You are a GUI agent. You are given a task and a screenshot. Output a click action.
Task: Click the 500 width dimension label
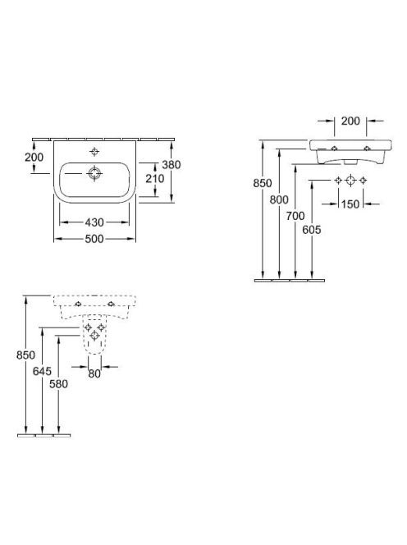[x=94, y=239]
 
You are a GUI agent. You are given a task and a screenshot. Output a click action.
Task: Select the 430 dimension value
[x=94, y=222]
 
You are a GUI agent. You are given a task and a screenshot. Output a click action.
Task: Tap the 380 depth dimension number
[x=171, y=164]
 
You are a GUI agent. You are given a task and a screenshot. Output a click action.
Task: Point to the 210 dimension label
[x=154, y=179]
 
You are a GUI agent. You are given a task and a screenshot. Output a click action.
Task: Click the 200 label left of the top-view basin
[x=34, y=157]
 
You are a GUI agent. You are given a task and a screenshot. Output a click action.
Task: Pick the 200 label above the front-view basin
[x=350, y=121]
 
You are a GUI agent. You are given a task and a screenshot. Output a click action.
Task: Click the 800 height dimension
[x=279, y=199]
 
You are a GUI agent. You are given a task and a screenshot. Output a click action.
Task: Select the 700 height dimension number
[x=295, y=216]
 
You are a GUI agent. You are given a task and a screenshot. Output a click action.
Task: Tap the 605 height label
[x=312, y=230]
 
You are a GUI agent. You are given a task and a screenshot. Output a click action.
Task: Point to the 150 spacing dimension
[x=350, y=204]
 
